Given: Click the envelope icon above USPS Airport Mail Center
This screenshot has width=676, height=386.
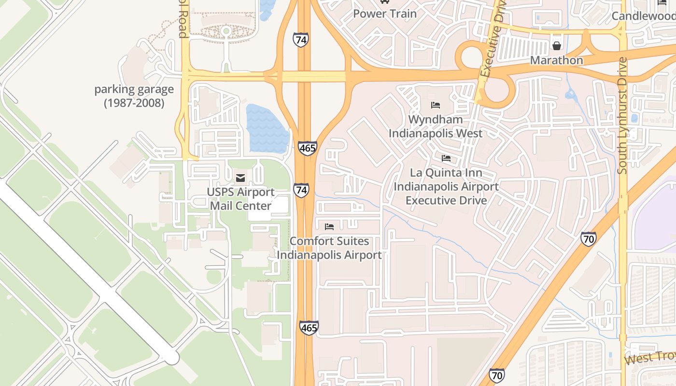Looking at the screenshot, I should pyautogui.click(x=240, y=179).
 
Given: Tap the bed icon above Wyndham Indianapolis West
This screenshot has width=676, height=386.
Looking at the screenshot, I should pyautogui.click(x=436, y=105).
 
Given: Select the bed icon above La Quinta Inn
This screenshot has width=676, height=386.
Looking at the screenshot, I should pyautogui.click(x=446, y=158).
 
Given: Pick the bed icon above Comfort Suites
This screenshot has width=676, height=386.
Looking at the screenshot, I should pyautogui.click(x=329, y=227).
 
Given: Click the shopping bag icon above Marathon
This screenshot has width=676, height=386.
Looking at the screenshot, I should pyautogui.click(x=557, y=46).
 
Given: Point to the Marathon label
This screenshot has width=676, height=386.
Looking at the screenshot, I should pyautogui.click(x=557, y=60).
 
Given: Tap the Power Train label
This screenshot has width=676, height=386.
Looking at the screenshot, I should pyautogui.click(x=384, y=14).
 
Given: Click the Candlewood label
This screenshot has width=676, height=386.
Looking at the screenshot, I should pyautogui.click(x=644, y=16).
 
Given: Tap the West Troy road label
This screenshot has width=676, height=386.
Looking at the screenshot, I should pyautogui.click(x=650, y=358).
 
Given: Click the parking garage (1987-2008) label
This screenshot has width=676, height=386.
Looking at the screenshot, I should pyautogui.click(x=134, y=96).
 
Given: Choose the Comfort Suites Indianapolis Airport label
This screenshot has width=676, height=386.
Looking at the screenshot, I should pyautogui.click(x=329, y=248).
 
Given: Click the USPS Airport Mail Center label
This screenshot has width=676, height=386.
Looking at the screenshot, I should pyautogui.click(x=240, y=199).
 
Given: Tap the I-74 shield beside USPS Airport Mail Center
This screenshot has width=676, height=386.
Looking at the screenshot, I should pyautogui.click(x=301, y=190).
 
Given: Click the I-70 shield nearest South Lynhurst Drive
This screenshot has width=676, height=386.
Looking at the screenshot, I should pyautogui.click(x=588, y=238).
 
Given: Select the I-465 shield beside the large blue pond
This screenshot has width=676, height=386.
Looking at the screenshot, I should pyautogui.click(x=307, y=148).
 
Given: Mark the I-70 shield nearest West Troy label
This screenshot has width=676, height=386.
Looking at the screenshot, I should pyautogui.click(x=497, y=374).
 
